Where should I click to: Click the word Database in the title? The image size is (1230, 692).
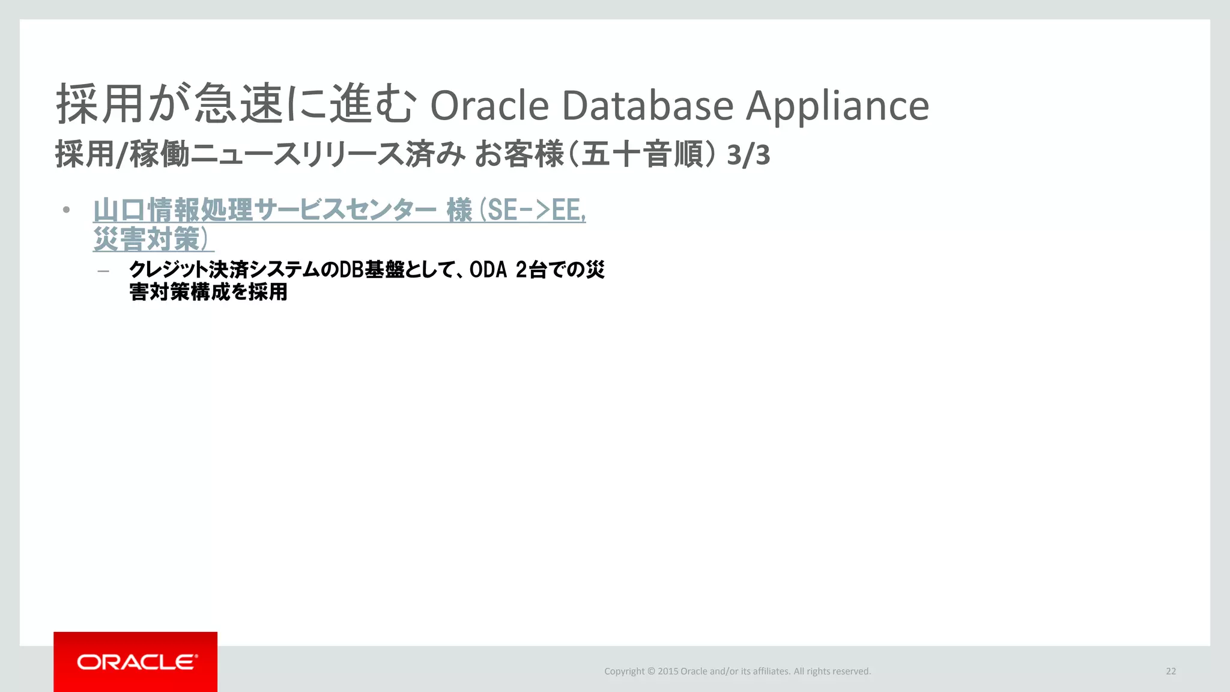[x=647, y=106]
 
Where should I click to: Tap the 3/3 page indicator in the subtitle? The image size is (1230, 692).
[x=748, y=156]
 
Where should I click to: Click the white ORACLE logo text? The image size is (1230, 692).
[x=136, y=662]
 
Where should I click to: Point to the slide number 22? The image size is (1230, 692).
[x=1171, y=671]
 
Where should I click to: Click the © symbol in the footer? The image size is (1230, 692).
[x=651, y=672]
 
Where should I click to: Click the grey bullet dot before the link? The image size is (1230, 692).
[x=67, y=210]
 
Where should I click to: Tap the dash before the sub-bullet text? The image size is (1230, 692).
[x=103, y=271]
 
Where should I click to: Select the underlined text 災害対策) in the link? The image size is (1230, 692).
[x=153, y=239]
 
